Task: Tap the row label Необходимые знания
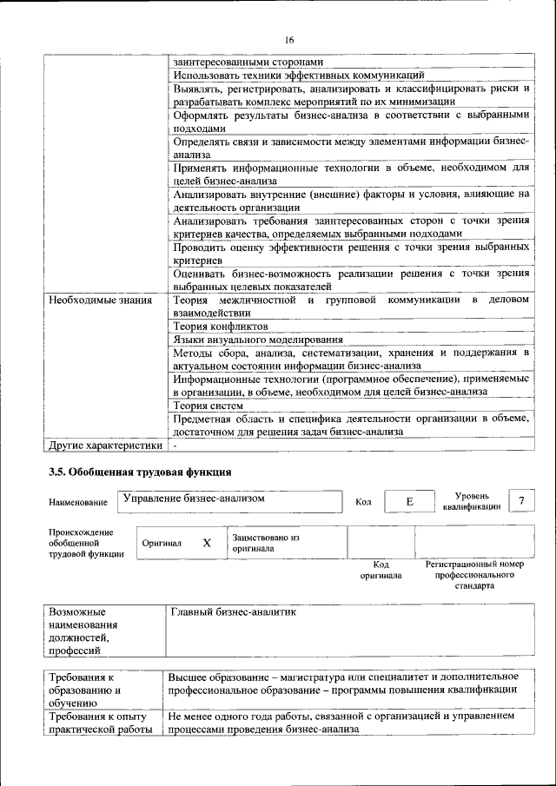[x=101, y=301]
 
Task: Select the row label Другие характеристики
[x=105, y=446]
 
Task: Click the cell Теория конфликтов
[x=220, y=326]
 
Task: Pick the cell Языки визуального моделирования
[x=257, y=340]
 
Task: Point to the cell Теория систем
[x=208, y=405]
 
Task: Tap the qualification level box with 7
[x=520, y=500]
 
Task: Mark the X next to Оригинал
[x=206, y=543]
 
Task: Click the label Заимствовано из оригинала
[x=265, y=543]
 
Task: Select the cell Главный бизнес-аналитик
[x=233, y=612]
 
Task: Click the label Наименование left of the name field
[x=78, y=502]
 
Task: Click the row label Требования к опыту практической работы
[x=101, y=723]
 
